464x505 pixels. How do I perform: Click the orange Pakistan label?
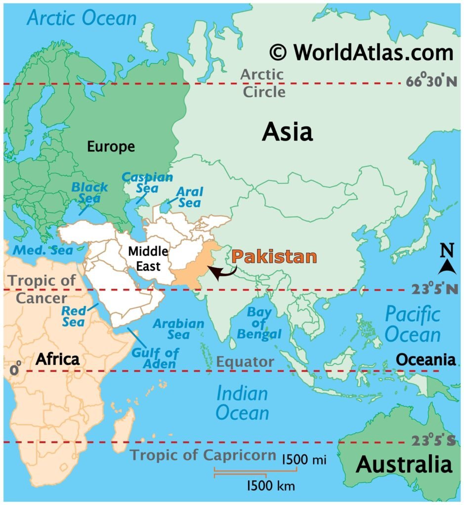click(274, 257)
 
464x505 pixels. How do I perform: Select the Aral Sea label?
click(190, 197)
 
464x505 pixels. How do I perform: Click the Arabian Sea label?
click(178, 329)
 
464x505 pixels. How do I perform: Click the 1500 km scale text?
click(271, 486)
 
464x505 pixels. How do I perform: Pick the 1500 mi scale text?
click(304, 460)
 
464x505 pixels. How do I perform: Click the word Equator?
click(245, 361)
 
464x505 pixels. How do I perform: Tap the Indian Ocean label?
click(243, 403)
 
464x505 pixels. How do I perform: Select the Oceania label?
click(426, 360)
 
